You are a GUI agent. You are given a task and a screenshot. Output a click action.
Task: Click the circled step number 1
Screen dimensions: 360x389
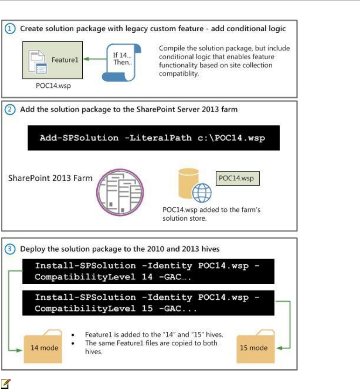(10, 28)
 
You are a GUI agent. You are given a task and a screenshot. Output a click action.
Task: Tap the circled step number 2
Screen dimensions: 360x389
(10, 110)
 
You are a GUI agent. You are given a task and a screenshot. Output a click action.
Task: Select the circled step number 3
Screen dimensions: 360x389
(10, 249)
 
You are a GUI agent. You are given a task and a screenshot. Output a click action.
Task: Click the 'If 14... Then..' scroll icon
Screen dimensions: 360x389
(122, 62)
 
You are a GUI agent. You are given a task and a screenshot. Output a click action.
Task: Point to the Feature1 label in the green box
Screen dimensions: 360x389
(65, 60)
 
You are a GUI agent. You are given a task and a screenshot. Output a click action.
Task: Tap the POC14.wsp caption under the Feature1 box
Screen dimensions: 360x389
(53, 86)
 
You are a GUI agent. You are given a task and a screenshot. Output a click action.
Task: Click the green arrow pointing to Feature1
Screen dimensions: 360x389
(95, 59)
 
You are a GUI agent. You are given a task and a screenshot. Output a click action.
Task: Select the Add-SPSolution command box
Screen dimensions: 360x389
(153, 138)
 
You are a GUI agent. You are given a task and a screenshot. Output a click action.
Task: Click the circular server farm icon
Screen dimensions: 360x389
(120, 192)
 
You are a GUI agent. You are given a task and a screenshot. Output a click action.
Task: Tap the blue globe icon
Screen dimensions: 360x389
(202, 193)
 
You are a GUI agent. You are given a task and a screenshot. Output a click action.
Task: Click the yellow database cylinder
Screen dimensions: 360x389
(188, 183)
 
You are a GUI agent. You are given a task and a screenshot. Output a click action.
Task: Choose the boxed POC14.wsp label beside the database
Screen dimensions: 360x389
(238, 178)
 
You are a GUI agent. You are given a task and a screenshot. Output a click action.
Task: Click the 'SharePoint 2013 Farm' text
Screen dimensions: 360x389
(50, 178)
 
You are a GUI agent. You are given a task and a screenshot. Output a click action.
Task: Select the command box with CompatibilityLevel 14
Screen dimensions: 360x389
(148, 271)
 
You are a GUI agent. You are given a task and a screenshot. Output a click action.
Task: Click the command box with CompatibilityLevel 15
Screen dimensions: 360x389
(148, 303)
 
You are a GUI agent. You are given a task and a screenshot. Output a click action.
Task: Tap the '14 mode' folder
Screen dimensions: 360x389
(43, 347)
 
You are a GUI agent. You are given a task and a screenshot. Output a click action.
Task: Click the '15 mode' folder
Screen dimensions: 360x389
(256, 347)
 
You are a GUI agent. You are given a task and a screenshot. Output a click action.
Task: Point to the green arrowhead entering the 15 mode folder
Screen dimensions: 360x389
(279, 348)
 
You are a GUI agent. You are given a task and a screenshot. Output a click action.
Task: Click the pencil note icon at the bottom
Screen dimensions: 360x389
(5, 384)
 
